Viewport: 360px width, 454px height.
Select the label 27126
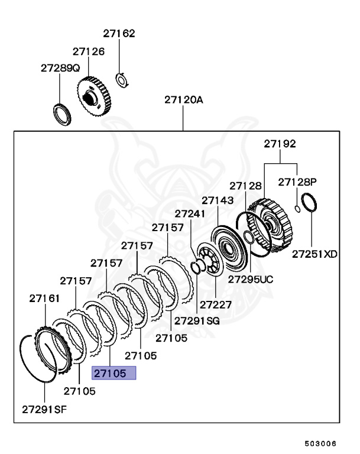pos(89,52)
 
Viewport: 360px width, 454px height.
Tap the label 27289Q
pos(60,68)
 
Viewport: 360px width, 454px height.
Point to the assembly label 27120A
pos(183,100)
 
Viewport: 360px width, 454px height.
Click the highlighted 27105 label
pos(113,373)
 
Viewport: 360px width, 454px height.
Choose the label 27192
pos(280,144)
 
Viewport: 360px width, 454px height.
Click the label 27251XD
pos(314,254)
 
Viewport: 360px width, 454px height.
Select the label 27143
pos(218,200)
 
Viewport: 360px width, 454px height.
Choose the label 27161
pos(44,299)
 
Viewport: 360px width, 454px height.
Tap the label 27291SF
pos(44,409)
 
